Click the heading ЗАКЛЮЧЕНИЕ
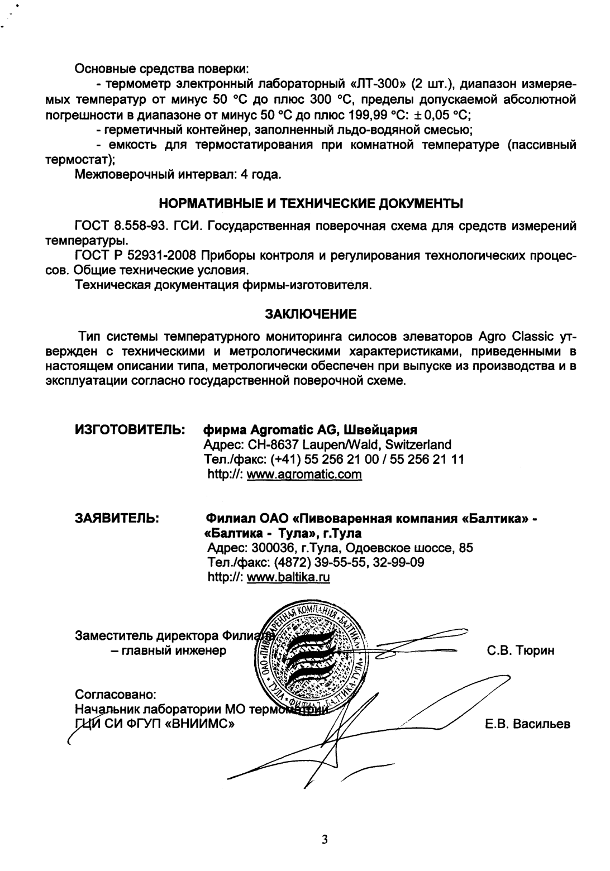pos(310,314)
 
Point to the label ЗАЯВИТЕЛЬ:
pos(119,519)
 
